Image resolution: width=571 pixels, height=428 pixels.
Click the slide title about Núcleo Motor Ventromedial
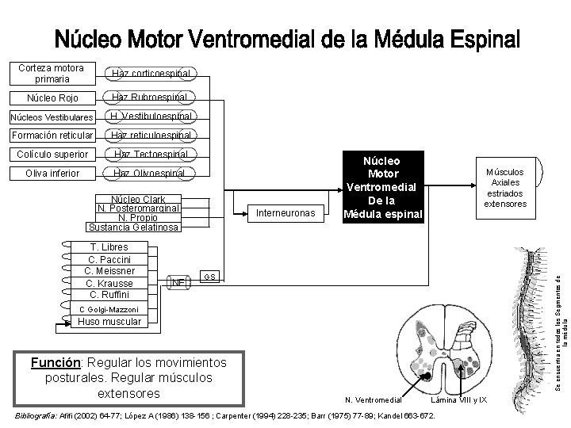287,39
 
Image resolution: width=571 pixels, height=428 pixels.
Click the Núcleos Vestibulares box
48,117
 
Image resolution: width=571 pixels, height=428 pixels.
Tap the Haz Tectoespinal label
151,154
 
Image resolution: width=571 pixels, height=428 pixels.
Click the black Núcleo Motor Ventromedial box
383,189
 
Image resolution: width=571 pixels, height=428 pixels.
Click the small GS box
209,277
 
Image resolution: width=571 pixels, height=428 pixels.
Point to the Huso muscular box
109,322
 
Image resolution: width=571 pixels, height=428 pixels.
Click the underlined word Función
53,363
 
